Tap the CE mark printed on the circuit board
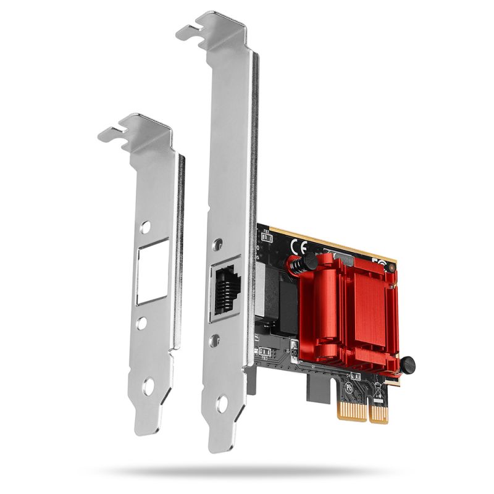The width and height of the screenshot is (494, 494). pos(296,246)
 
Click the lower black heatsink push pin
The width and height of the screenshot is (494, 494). pos(406,364)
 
